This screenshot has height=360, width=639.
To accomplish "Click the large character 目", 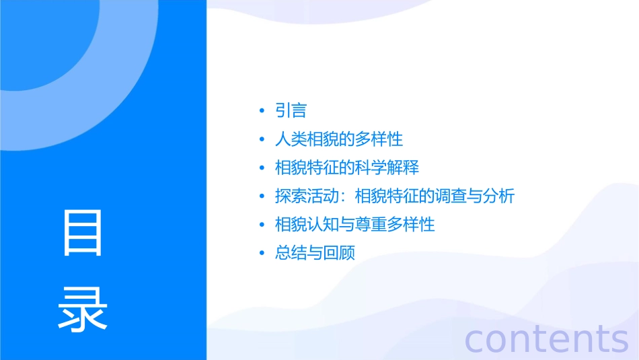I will [x=83, y=233].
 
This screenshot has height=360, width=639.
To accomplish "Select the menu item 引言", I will [x=291, y=110].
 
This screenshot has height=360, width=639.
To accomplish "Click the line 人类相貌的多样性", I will [x=339, y=139].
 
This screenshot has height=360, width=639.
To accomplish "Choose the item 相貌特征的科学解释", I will [x=347, y=168].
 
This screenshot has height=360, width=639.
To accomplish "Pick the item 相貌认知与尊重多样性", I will [x=355, y=224].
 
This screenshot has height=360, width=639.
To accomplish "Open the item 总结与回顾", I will [x=315, y=253].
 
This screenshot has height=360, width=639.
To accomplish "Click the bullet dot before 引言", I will [x=262, y=111].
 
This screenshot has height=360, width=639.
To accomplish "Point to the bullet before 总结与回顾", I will [x=262, y=254].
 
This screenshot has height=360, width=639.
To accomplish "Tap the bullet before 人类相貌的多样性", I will [x=262, y=140].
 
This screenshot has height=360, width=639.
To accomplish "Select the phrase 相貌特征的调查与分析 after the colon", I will [x=434, y=196].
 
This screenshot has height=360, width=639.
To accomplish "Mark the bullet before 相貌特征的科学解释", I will [x=262, y=168].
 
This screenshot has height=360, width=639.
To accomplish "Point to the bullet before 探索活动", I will [x=262, y=196].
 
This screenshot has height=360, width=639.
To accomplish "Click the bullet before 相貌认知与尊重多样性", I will [x=262, y=225].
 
